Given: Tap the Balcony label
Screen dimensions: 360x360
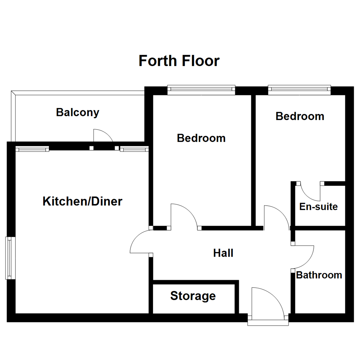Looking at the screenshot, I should pos(78,113).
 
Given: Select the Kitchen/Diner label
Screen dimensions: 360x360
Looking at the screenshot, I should pos(83,202).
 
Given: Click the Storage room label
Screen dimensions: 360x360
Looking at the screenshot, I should pos(193,296).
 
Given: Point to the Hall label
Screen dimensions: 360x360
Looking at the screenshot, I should pos(223,253).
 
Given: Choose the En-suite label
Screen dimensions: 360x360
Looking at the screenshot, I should pos(318,207).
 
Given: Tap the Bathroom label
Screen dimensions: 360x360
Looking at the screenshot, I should pos(319,275).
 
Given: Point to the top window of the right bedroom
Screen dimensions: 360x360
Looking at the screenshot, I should pos(299,89).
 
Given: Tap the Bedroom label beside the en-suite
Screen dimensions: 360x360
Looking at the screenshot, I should pos(300,116).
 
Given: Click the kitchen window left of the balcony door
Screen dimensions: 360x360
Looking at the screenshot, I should pos(32,149).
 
